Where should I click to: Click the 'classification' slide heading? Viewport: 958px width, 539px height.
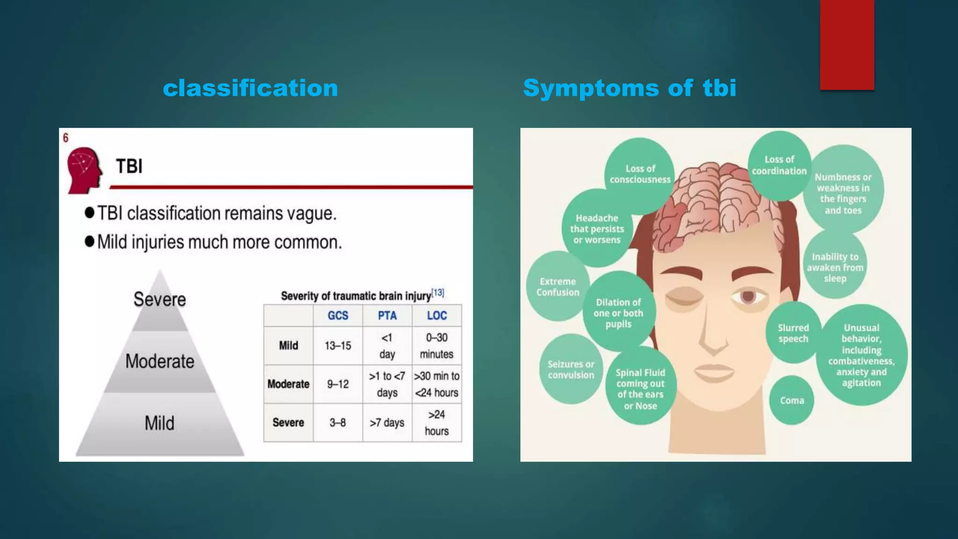coord(250,88)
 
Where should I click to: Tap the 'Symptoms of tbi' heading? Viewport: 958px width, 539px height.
coord(629,88)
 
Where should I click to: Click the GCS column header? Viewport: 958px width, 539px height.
coord(338,316)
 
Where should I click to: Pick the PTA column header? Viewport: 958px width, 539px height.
coord(387,316)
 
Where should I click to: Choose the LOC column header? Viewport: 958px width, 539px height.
coord(437,316)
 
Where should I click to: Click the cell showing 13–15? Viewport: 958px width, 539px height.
coord(338,346)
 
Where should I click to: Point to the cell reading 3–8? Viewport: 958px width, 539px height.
coord(337,422)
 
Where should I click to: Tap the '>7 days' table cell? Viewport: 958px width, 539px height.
coord(387,422)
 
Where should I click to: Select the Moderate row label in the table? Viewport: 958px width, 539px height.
coord(288,384)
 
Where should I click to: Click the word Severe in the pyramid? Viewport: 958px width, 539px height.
coord(160,299)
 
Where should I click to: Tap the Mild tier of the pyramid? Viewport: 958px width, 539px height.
coord(160,423)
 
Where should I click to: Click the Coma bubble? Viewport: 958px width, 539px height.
coord(792,401)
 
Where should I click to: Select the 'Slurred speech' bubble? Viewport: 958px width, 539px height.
coord(793,333)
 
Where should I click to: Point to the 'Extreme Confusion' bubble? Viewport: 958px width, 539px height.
coord(558,287)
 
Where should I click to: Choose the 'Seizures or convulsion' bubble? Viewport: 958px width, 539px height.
coord(571,370)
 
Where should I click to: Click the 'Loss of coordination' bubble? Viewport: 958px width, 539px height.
coord(779,165)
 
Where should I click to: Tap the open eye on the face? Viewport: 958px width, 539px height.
coord(748,297)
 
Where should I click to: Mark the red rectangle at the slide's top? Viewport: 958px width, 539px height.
coord(847,44)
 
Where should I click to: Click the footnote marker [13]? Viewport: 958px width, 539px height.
coord(438,293)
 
